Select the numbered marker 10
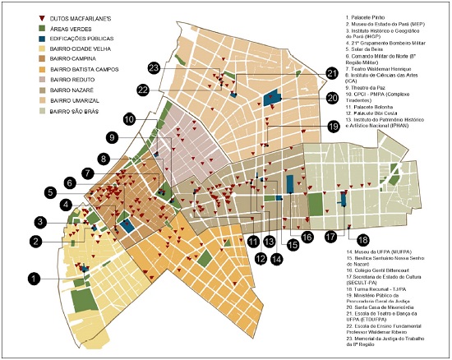tap(130, 119)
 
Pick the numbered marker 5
tap(51, 192)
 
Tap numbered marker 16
tap(307, 238)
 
